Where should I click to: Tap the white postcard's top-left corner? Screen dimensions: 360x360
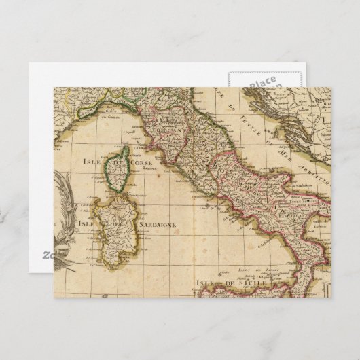[x=30, y=65]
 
